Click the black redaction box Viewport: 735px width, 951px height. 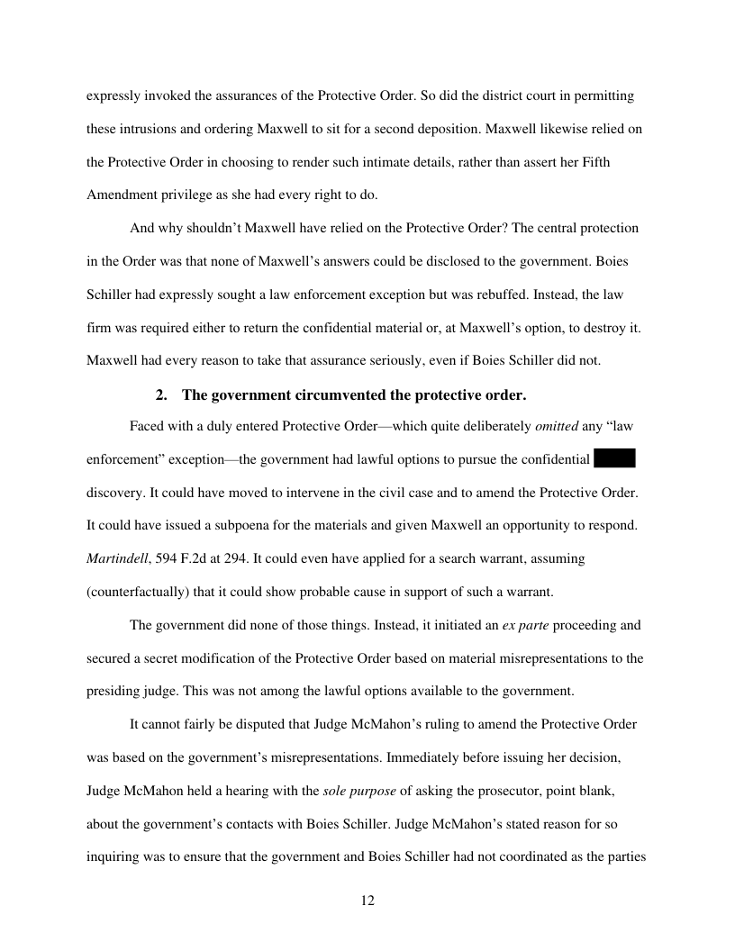click(615, 459)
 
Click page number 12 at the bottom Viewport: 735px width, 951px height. click(367, 901)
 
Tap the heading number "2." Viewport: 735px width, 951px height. click(162, 395)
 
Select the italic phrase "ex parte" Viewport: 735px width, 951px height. click(549, 625)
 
